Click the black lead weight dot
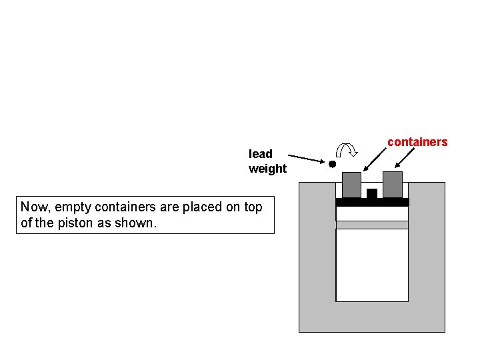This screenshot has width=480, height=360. [x=332, y=163]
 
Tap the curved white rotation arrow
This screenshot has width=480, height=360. [x=347, y=153]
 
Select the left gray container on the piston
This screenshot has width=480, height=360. [x=351, y=185]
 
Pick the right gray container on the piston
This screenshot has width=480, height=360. [x=393, y=184]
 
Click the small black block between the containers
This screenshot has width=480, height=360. [x=372, y=193]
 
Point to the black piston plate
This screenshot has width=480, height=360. [x=372, y=202]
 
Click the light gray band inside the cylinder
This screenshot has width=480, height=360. [x=372, y=225]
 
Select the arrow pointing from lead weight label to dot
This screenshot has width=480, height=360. [x=307, y=160]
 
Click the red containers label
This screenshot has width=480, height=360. [x=417, y=142]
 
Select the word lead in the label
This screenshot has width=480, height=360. [x=261, y=154]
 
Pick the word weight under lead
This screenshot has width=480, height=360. [x=267, y=169]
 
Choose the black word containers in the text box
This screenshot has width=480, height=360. [x=122, y=207]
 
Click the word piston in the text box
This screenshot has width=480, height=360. [x=75, y=223]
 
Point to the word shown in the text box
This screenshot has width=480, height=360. [x=139, y=223]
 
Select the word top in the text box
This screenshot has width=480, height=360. [x=253, y=207]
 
